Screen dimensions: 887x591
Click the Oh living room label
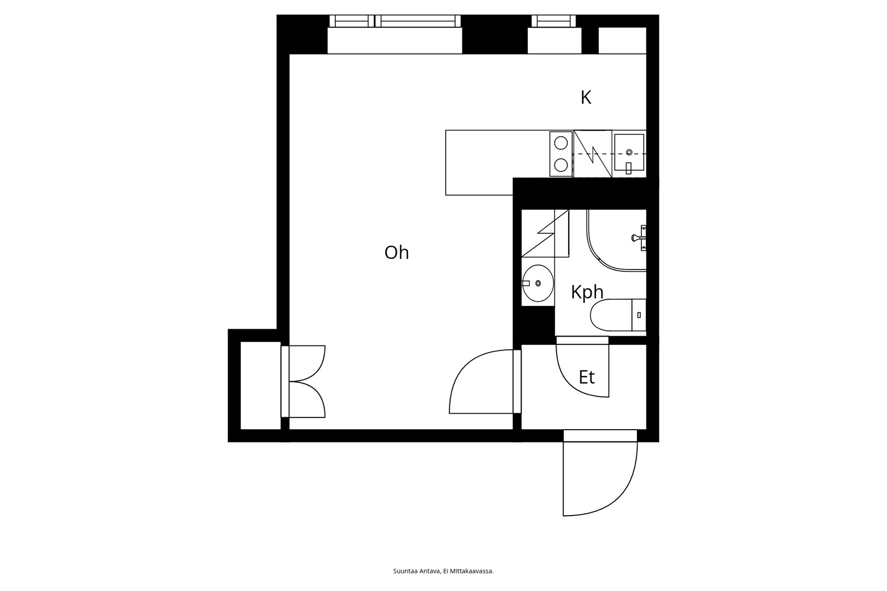[x=396, y=252]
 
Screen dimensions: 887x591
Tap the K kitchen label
[x=586, y=98]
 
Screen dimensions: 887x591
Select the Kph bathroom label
[x=587, y=292]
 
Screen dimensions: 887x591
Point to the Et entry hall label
[x=587, y=378]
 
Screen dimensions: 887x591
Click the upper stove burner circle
[x=560, y=143]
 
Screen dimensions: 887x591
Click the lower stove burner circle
[x=560, y=165]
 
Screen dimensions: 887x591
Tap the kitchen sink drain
[x=629, y=152]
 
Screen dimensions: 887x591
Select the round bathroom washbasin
[x=537, y=283]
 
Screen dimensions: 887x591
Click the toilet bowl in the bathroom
[x=610, y=315]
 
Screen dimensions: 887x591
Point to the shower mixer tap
[x=638, y=238]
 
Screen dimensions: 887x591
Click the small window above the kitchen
[x=554, y=21]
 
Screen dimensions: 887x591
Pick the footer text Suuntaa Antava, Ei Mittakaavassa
[x=443, y=571]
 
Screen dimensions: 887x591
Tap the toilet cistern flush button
[x=639, y=315]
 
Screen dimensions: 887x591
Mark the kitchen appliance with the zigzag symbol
[x=593, y=154]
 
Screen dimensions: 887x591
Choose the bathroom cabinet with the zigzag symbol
[x=546, y=233]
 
